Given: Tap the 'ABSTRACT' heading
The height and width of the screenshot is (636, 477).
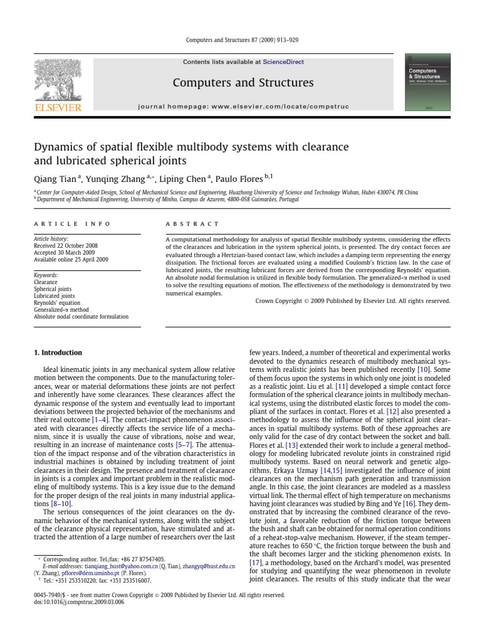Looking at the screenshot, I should click(x=192, y=224).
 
